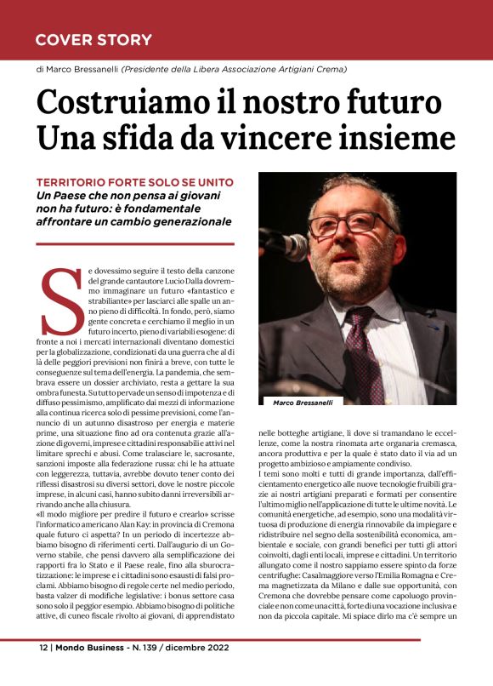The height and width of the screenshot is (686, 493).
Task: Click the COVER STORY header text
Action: click(93, 40)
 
